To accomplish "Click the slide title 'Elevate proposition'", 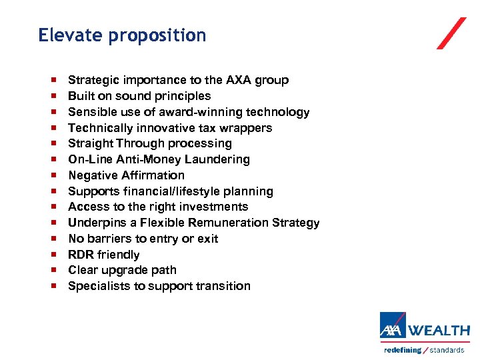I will [122, 35].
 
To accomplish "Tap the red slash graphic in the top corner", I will [451, 33].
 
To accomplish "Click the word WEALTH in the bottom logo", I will [439, 331].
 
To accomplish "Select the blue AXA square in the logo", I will [393, 326].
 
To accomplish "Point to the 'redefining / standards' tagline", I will [424, 350].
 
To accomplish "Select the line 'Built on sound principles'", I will [139, 96].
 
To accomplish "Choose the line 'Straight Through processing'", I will [150, 143].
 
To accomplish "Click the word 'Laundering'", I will [218, 159].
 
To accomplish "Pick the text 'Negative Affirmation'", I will [126, 175].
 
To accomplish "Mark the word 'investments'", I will [216, 207].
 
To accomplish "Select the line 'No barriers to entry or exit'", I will [143, 239].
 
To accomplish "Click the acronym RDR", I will [81, 255].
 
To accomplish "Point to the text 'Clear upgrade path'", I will [122, 270].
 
